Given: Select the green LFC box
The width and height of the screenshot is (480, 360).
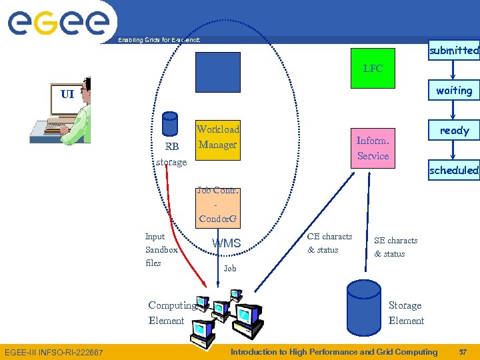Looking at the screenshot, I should pyautogui.click(x=373, y=68).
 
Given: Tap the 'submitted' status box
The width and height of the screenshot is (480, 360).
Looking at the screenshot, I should pyautogui.click(x=454, y=50).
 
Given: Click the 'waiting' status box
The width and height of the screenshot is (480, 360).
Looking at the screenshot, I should pyautogui.click(x=454, y=91).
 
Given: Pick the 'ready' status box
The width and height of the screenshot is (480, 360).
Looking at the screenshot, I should pyautogui.click(x=454, y=131).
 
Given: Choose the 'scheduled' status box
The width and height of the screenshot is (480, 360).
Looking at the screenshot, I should pyautogui.click(x=454, y=171).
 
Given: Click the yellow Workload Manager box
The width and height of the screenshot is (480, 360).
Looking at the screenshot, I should pyautogui.click(x=217, y=137).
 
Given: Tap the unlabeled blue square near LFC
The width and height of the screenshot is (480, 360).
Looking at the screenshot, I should pyautogui.click(x=217, y=72).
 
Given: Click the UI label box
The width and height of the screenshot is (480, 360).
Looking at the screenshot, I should pyautogui.click(x=67, y=94).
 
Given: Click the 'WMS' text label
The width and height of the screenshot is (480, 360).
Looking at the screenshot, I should pyautogui.click(x=226, y=243).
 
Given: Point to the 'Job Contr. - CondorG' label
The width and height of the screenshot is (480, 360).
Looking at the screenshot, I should pyautogui.click(x=218, y=205).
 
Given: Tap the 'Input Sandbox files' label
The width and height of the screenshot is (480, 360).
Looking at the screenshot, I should pyautogui.click(x=161, y=250).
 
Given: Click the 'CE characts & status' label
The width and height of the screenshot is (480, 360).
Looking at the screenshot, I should pyautogui.click(x=329, y=243).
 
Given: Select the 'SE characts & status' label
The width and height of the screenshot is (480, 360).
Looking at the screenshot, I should pyautogui.click(x=395, y=247).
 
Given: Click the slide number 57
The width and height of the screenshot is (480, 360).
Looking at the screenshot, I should pyautogui.click(x=463, y=352).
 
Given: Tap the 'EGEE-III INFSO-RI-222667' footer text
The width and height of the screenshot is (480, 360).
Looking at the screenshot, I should pyautogui.click(x=54, y=352).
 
